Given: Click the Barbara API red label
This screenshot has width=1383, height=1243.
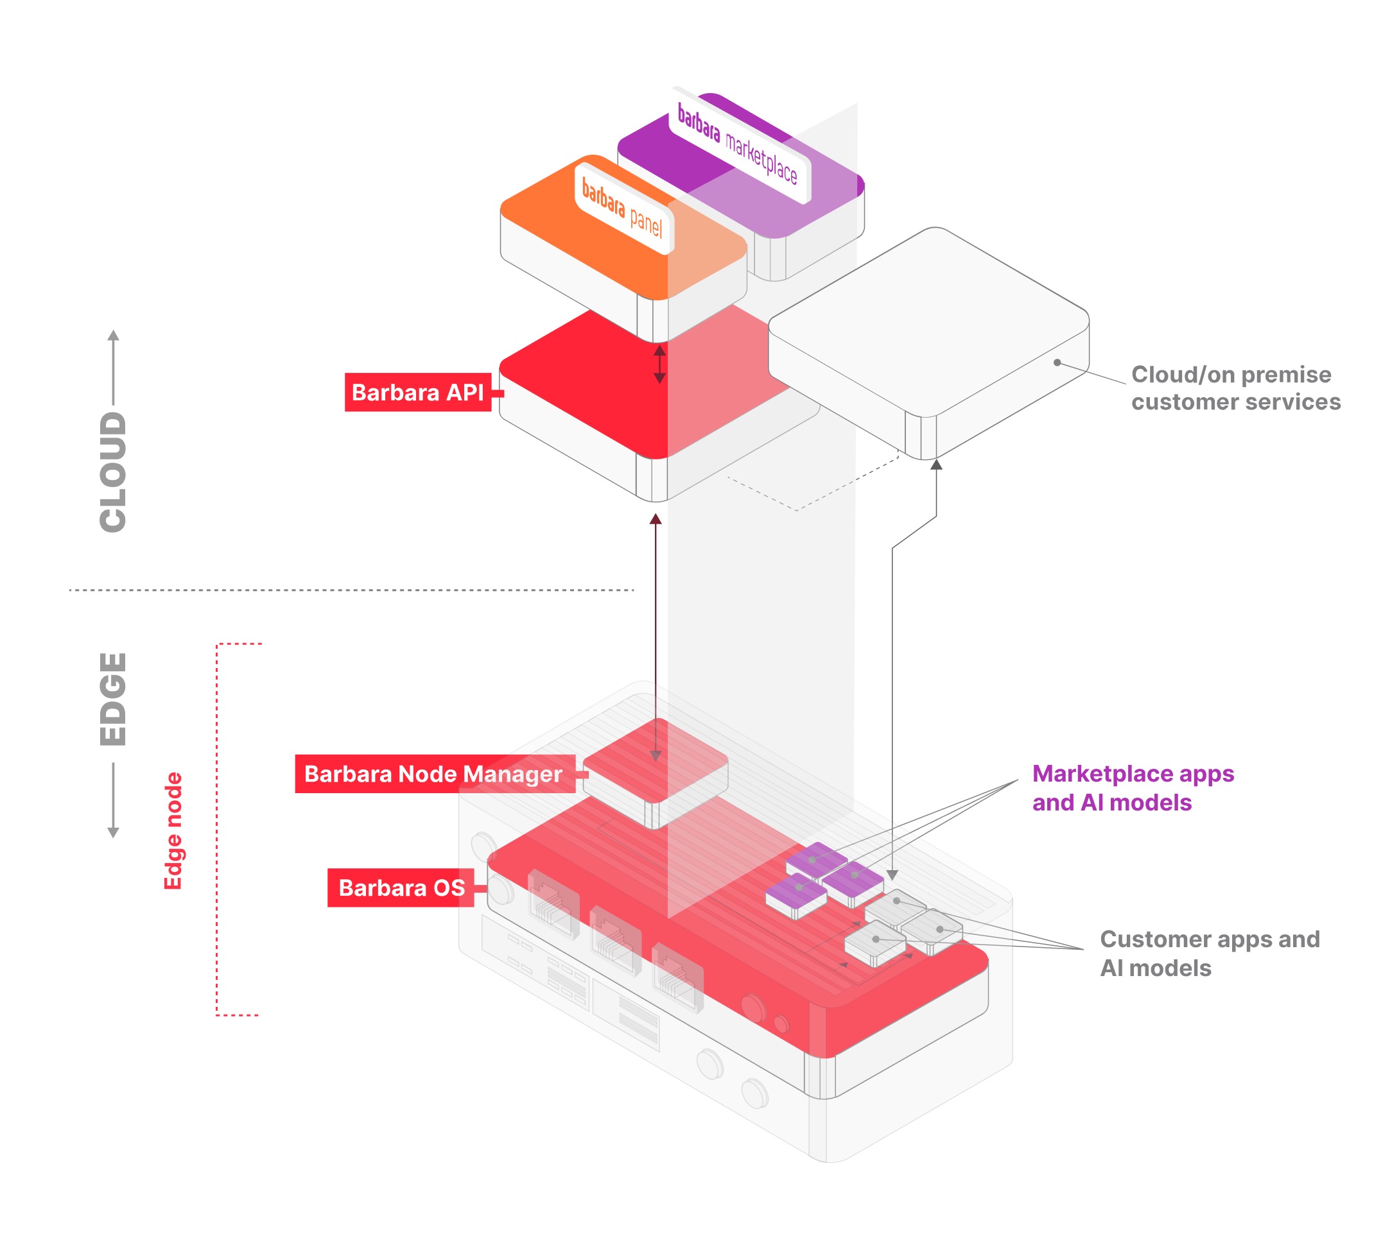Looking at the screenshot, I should (x=417, y=392).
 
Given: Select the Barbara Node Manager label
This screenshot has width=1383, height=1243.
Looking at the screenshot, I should (x=434, y=774).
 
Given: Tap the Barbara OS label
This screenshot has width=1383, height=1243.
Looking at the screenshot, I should (x=401, y=887).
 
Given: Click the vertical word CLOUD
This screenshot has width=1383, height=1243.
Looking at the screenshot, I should (x=114, y=471).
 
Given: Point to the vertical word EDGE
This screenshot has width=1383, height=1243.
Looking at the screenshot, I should (x=114, y=699).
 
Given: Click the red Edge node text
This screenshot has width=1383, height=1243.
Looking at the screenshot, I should (x=173, y=830).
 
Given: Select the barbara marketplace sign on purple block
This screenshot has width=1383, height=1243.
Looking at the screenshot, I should (x=737, y=144).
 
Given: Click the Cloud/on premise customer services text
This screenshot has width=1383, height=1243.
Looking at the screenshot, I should (x=1235, y=388).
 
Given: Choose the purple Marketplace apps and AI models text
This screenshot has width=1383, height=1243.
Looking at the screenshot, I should (x=1132, y=787).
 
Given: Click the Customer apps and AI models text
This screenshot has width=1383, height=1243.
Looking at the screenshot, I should (x=1209, y=953).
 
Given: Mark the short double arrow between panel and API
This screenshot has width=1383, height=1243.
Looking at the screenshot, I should (x=659, y=363).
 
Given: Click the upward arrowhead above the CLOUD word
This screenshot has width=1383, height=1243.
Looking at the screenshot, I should (x=114, y=336).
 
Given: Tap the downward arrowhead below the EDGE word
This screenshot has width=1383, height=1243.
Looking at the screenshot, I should (x=114, y=832).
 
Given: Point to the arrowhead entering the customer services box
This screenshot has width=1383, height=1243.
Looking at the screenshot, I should (x=936, y=465).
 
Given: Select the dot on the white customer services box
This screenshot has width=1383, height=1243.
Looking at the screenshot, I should (x=1057, y=363).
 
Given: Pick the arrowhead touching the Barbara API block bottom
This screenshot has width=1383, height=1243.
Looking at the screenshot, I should (x=656, y=520).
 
